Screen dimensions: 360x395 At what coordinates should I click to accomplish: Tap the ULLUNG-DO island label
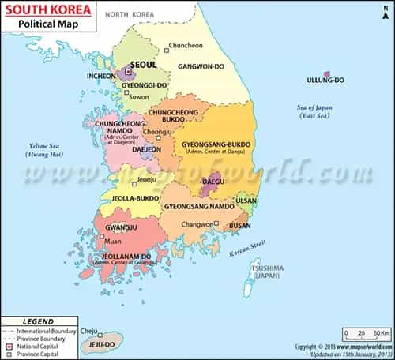[x=325, y=80]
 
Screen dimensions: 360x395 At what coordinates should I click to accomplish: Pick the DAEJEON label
[x=146, y=148]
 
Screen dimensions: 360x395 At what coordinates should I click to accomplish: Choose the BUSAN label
[x=239, y=226]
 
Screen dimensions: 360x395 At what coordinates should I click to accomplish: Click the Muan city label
[x=113, y=242]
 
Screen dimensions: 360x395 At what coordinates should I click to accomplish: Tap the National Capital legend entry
[x=40, y=346]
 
